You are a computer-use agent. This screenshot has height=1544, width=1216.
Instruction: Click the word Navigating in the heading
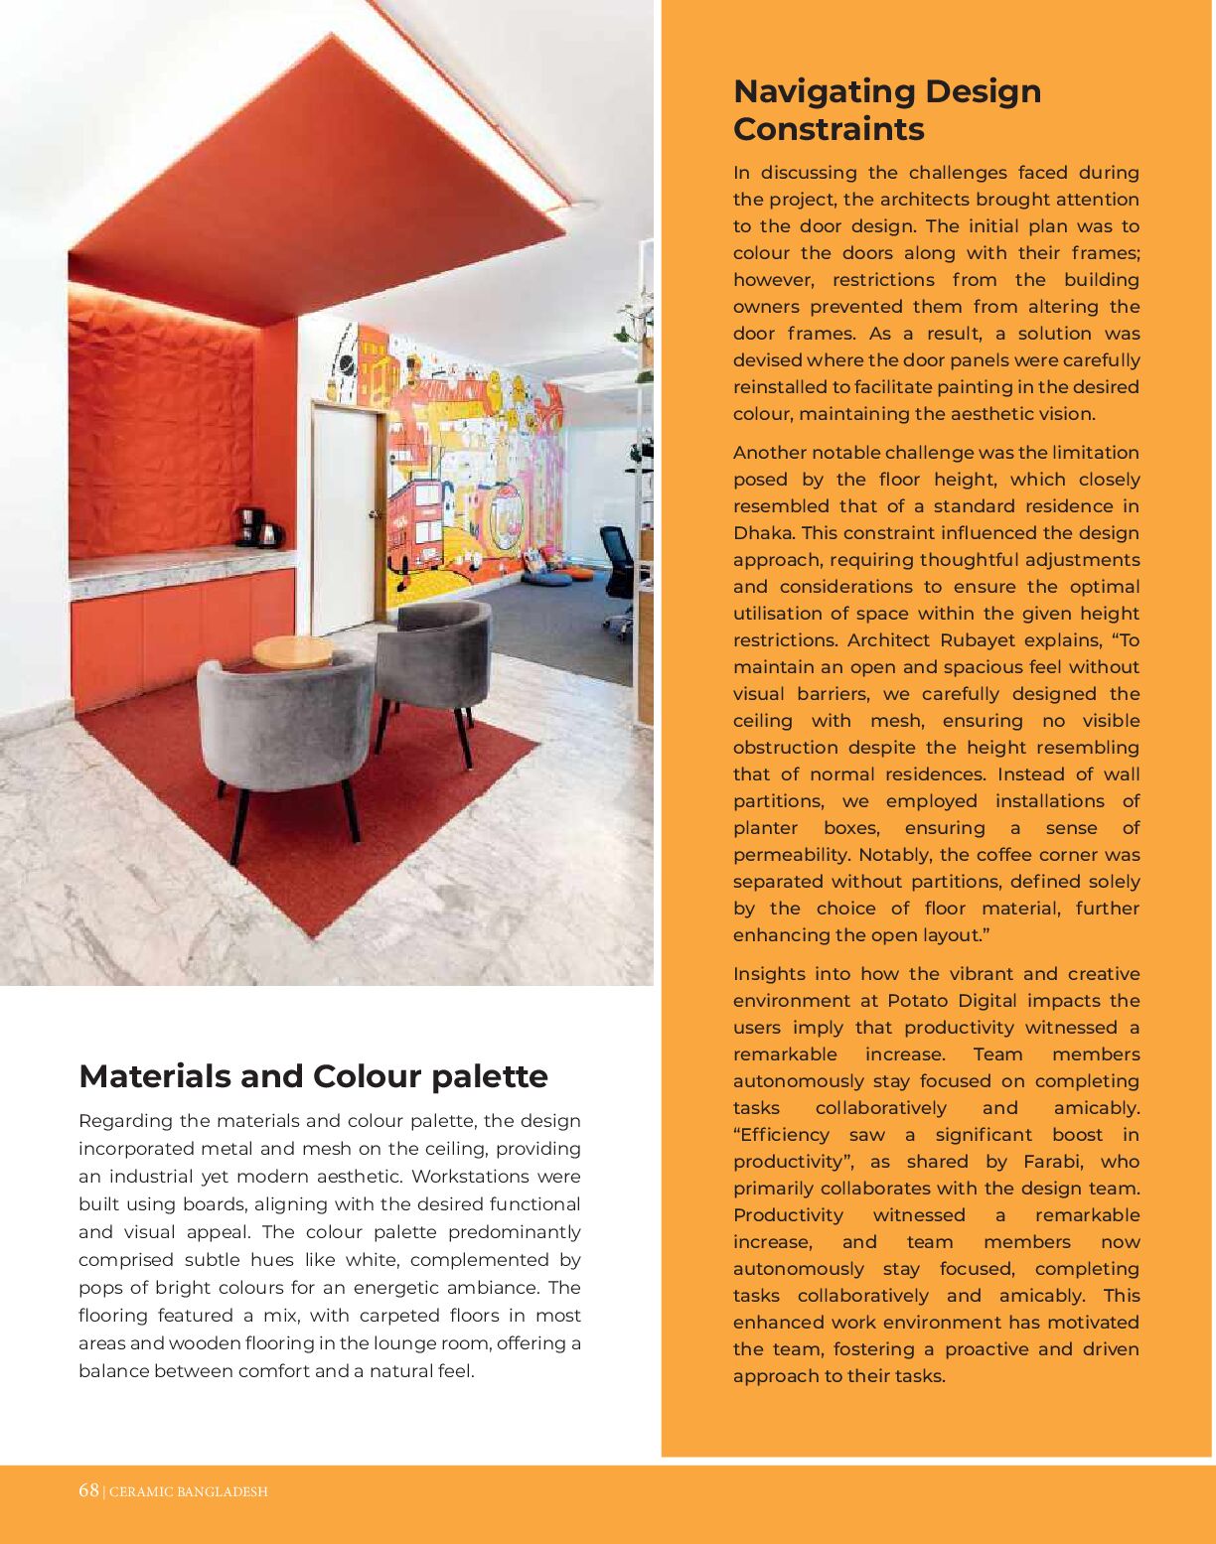[823, 91]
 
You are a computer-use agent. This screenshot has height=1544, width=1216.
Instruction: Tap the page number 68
[88, 1490]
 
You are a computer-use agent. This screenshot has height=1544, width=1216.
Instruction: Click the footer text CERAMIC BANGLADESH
[188, 1491]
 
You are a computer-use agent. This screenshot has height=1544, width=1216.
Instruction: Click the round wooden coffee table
[292, 651]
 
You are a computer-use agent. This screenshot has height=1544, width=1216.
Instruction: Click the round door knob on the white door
[375, 513]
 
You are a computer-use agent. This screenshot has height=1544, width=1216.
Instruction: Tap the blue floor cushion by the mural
[547, 577]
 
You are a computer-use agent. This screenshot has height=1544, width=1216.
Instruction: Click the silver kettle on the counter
[270, 535]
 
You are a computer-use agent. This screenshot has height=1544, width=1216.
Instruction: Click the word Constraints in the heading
[829, 129]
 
